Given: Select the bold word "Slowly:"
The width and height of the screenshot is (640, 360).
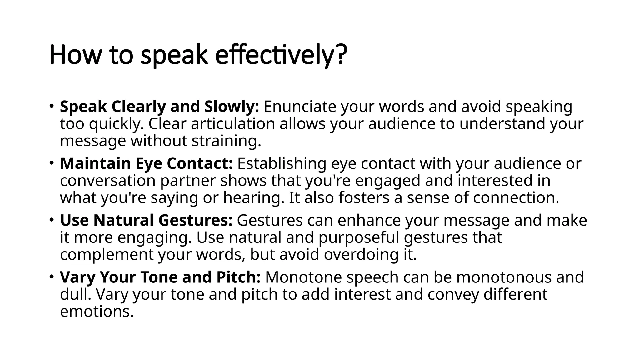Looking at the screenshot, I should (232, 107).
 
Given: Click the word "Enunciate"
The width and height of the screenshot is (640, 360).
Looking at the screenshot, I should (300, 107).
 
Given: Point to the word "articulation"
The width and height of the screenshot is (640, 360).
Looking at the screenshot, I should (233, 124).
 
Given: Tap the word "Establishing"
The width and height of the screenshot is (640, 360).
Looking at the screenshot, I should (282, 163).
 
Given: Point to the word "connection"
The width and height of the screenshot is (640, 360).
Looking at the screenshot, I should (516, 198).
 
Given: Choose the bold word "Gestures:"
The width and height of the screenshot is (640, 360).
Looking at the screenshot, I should (195, 220).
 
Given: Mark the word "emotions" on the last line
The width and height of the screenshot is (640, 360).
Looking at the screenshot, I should (97, 312).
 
